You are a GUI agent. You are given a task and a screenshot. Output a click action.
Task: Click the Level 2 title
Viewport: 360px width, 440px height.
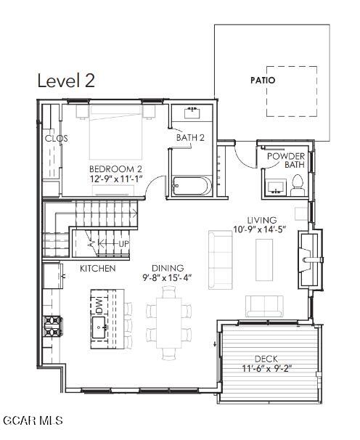(x=66, y=81)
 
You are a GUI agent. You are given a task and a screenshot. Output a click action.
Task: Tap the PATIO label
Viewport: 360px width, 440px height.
(x=263, y=81)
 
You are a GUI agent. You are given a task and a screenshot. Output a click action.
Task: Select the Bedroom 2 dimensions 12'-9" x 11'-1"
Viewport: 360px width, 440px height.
(x=116, y=179)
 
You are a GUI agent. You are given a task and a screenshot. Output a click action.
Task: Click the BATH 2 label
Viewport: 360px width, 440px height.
(x=190, y=138)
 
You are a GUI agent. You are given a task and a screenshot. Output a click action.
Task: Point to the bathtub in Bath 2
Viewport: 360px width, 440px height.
(x=192, y=185)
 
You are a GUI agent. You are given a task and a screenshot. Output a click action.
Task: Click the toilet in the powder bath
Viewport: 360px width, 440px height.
(x=298, y=185)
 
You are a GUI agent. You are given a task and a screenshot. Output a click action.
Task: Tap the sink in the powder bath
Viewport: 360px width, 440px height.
(x=276, y=187)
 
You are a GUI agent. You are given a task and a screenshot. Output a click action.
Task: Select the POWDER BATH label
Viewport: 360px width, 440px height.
(x=286, y=160)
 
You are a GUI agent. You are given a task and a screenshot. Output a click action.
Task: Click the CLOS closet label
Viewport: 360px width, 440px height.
(x=57, y=139)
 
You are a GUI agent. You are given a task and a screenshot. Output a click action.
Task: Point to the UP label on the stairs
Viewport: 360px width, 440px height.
(x=123, y=244)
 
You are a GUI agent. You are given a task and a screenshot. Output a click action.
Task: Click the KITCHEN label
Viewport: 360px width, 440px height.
(x=98, y=269)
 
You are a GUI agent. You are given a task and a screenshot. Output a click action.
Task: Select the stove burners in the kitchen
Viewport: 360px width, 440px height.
(x=53, y=325)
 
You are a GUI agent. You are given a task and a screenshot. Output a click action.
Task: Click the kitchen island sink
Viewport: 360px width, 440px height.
(x=99, y=327)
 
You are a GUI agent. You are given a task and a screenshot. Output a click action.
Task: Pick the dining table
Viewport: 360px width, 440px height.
(x=169, y=322)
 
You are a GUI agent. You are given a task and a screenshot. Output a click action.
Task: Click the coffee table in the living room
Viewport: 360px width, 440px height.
(x=264, y=260)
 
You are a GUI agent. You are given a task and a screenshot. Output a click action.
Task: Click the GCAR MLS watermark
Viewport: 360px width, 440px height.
(x=33, y=420)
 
